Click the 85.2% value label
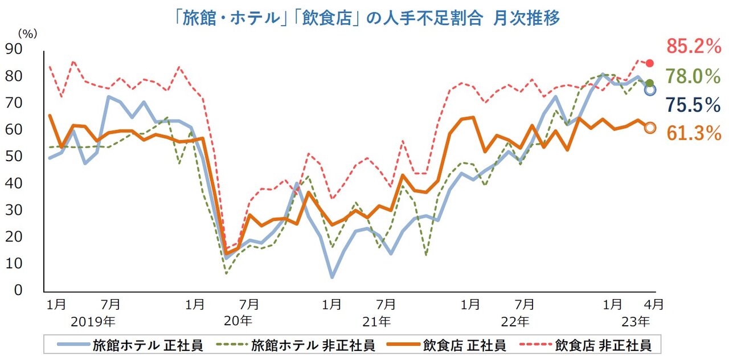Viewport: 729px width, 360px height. (x=694, y=47)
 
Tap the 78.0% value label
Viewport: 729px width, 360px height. (x=694, y=75)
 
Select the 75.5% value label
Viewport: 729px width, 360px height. (x=694, y=105)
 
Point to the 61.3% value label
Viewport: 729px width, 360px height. (x=694, y=133)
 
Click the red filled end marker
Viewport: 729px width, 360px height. (x=650, y=63)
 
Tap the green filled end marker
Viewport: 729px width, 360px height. (x=650, y=83)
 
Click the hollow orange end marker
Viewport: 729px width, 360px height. (x=650, y=128)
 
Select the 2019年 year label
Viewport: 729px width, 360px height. (x=93, y=321)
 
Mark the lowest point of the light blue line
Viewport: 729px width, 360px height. (x=332, y=277)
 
